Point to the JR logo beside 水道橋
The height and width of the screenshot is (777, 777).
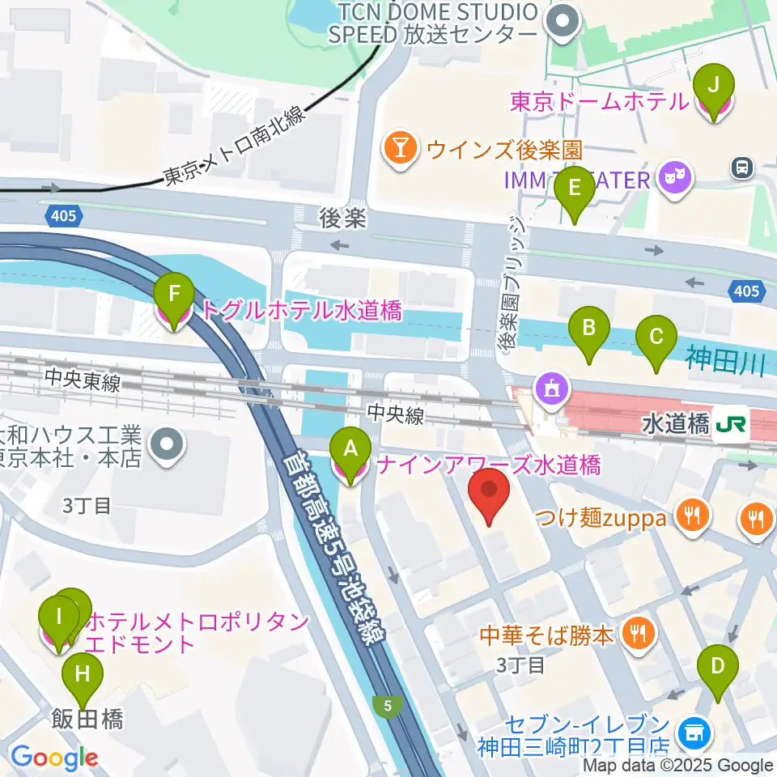coord(732,422)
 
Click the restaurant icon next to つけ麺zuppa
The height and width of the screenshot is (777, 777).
coord(692,516)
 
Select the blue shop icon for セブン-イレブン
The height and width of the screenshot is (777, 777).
coord(692,733)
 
